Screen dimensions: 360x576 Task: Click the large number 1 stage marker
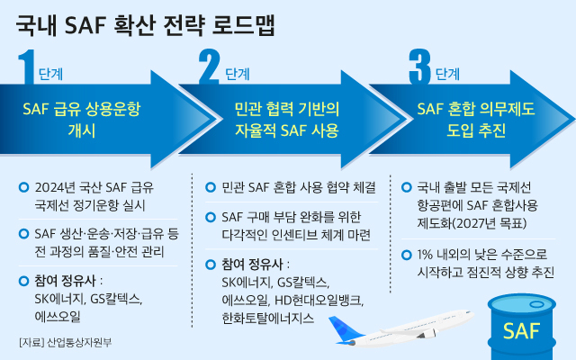pos(27,68)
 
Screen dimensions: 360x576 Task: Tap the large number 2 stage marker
pos(209,68)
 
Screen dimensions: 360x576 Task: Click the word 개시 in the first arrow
pos(82,130)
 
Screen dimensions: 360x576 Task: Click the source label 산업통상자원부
pos(81,342)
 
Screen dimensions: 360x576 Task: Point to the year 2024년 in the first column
pos(58,188)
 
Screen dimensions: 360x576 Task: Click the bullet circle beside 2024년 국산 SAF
pos(24,188)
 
